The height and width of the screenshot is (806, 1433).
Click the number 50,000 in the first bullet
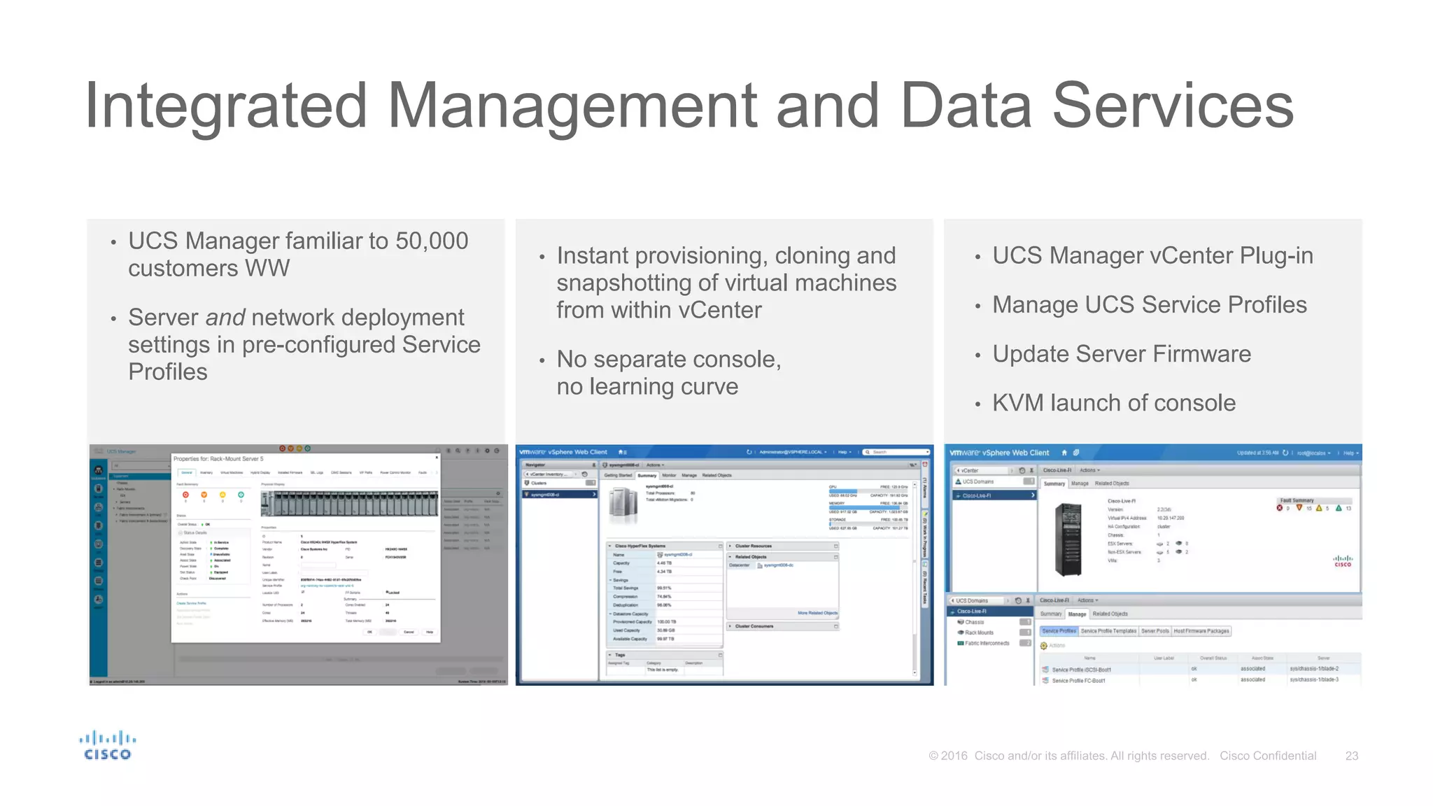tap(432, 241)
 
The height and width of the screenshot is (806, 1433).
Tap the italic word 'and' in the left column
tap(225, 318)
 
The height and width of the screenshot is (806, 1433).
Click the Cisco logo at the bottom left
tap(107, 746)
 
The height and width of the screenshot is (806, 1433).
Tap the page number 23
tap(1351, 756)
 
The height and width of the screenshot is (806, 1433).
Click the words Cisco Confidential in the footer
tap(1268, 756)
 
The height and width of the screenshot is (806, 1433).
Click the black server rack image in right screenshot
tap(1068, 539)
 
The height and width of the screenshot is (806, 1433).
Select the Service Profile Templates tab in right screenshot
tap(1108, 631)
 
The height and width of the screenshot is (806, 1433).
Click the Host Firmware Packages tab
tap(1201, 631)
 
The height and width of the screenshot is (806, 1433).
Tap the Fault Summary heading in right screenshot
tap(1297, 500)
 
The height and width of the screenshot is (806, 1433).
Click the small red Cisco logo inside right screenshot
tap(1343, 561)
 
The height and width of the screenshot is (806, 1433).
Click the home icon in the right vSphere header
tap(1064, 453)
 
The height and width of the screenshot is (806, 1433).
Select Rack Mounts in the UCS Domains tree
tap(979, 632)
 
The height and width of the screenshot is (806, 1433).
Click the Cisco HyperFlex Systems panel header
tap(640, 546)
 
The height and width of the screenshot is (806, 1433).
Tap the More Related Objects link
tap(817, 613)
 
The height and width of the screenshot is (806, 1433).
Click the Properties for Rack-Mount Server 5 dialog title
tap(218, 459)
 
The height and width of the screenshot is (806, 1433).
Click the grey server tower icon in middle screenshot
tap(623, 505)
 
